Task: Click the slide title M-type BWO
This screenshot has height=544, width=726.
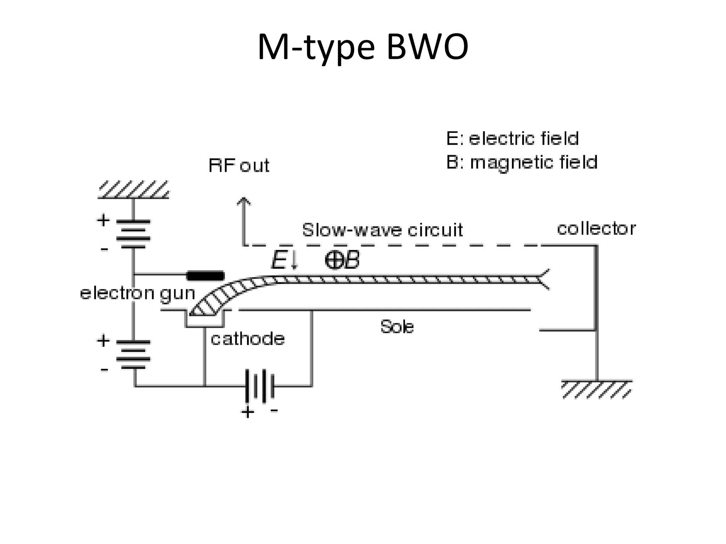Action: point(363,47)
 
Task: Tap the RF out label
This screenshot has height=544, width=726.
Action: point(239,165)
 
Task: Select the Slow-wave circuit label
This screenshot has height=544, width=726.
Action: point(382,230)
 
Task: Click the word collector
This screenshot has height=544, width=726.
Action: point(596,229)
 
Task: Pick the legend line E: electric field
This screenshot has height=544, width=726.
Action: point(512,138)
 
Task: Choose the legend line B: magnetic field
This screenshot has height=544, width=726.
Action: point(521,163)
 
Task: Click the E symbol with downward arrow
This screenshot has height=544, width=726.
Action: point(285,261)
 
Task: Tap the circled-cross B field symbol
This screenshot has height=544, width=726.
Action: point(334,261)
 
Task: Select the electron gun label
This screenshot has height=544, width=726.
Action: point(138,294)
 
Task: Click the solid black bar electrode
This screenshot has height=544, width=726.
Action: point(206,276)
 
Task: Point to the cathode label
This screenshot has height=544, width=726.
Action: point(247,339)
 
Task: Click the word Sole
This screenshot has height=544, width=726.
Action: point(397,327)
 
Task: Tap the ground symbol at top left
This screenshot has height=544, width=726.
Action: point(133,190)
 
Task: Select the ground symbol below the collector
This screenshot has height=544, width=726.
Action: point(597,389)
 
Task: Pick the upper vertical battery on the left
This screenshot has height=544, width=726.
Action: point(133,234)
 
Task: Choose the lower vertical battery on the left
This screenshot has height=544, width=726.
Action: point(133,355)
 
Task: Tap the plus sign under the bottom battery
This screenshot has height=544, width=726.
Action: point(247,412)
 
